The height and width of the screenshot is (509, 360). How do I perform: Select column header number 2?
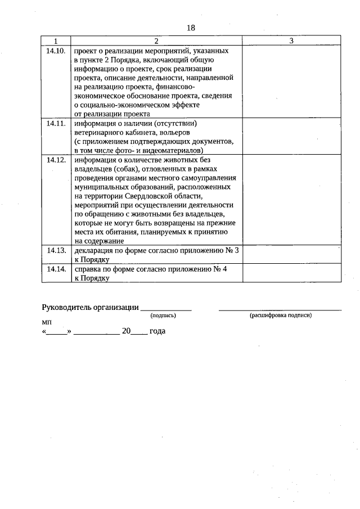coord(156,41)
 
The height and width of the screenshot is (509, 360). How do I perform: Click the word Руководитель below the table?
coord(69,307)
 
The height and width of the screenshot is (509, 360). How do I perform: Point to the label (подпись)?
coord(163,316)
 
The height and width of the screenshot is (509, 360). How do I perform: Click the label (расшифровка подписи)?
coord(280,316)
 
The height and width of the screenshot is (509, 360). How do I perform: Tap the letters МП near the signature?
coord(46,323)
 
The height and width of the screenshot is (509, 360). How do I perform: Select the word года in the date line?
coord(157,331)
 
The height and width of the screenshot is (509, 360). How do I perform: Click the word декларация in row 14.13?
coord(93,250)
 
